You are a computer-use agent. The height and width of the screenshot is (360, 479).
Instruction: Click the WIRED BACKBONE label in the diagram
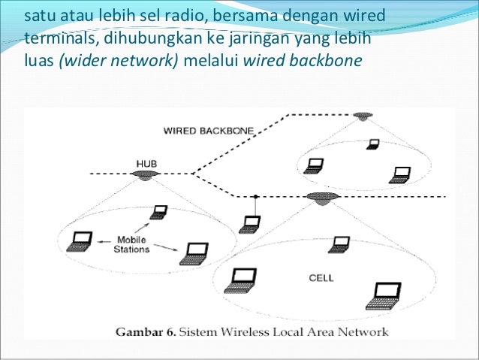coord(208,130)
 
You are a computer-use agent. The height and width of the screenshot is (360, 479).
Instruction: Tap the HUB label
coord(146,162)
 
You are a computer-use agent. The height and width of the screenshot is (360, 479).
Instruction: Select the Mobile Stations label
coord(132,244)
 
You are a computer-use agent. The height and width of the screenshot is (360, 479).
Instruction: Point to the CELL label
coord(321,277)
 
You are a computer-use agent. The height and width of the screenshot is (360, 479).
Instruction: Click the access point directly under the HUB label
coord(144,174)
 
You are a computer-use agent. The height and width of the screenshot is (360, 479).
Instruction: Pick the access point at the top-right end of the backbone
coord(364,116)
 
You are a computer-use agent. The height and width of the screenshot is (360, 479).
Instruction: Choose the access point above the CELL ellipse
coord(323,196)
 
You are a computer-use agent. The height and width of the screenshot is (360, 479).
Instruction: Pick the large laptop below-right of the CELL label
coord(384,295)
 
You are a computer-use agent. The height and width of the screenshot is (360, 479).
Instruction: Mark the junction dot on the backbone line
coord(256,195)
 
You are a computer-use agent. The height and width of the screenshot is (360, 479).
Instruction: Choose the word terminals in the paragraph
coord(57,38)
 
